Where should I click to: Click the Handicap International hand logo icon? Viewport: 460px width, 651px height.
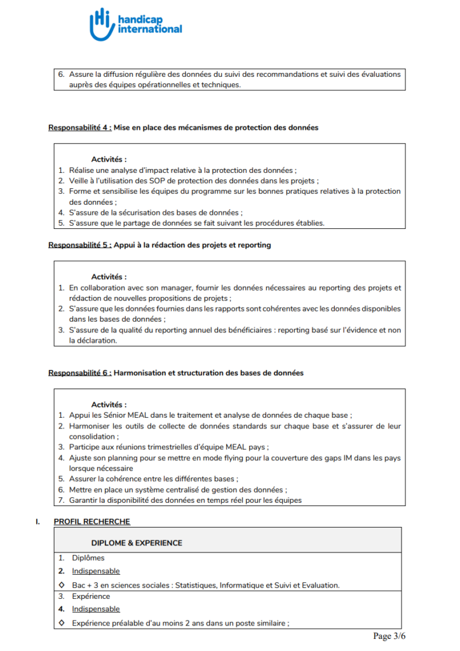point(101,24)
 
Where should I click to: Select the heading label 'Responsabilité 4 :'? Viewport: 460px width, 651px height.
point(80,128)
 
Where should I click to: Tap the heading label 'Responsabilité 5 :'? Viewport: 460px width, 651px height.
point(80,245)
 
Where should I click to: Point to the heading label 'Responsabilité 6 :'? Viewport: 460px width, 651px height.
point(80,373)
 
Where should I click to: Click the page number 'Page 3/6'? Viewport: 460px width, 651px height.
point(389,636)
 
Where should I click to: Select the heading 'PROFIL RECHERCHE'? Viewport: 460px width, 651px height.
point(92,522)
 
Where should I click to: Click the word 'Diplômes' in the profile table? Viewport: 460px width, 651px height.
point(88,558)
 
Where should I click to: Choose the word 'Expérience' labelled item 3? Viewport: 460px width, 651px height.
point(91,596)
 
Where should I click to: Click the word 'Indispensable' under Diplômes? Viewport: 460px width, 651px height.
point(96,571)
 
